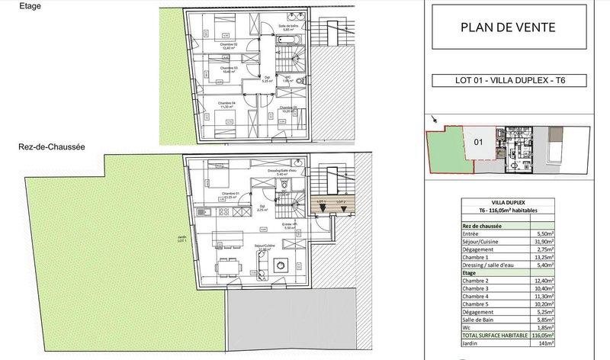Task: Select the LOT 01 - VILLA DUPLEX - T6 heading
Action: tap(507, 79)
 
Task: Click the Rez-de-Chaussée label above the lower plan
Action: tap(38, 146)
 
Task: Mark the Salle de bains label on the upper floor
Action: tap(287, 28)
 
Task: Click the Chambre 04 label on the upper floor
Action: tap(226, 104)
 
